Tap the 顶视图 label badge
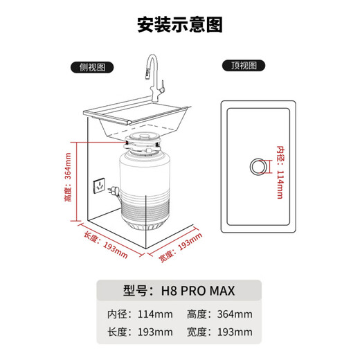[x=243, y=66]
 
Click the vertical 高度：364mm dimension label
[x=67, y=186]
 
